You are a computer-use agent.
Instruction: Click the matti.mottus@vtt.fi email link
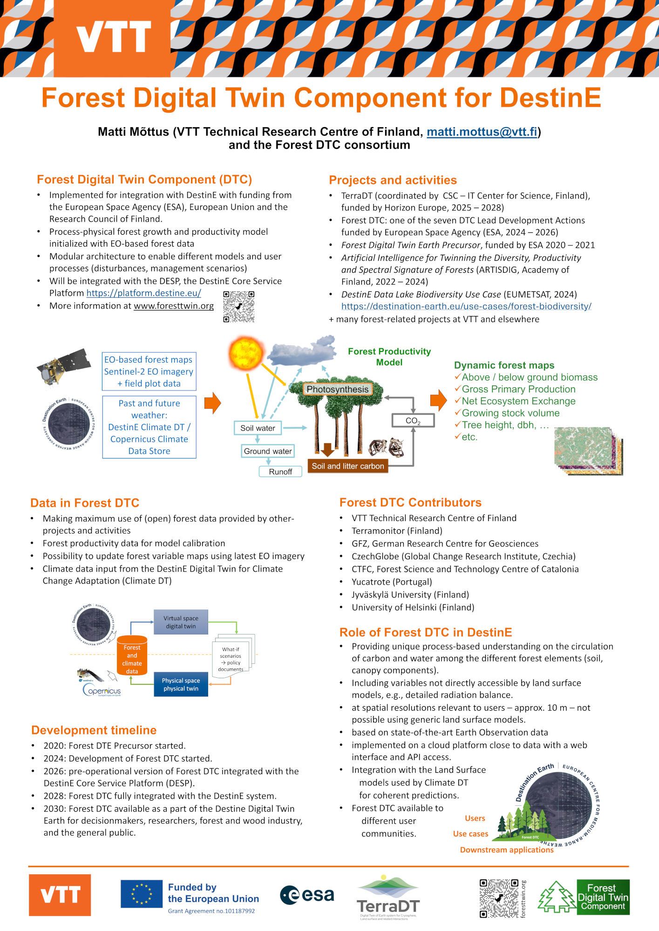[482, 132]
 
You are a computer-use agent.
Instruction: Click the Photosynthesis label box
[337, 389]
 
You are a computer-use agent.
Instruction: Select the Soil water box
[258, 428]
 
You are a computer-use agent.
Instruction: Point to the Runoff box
[280, 472]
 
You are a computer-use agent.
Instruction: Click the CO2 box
[413, 421]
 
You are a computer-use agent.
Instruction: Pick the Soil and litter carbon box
[347, 466]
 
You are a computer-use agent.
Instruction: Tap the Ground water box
[268, 451]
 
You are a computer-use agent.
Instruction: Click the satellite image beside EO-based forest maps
[64, 366]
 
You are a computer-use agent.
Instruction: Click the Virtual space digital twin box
[181, 622]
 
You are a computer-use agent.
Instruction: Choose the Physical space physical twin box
[181, 684]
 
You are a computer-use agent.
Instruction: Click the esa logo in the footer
[307, 895]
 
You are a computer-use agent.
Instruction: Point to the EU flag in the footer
[142, 894]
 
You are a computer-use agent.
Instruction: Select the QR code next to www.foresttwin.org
[238, 307]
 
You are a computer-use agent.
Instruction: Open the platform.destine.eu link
[143, 293]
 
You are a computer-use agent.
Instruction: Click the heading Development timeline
[94, 730]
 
